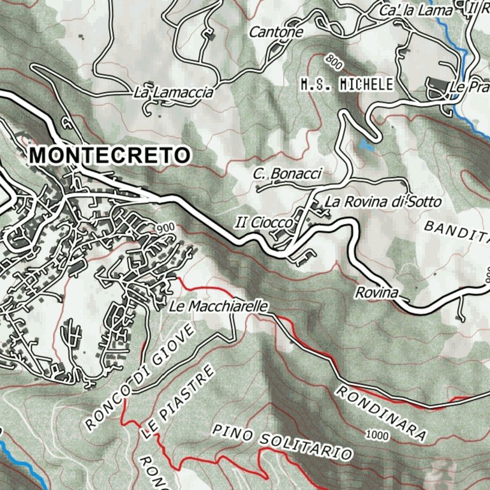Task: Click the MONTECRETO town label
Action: (x=109, y=155)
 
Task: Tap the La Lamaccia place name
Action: (x=173, y=93)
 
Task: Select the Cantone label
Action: (x=276, y=31)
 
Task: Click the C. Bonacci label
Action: (x=288, y=174)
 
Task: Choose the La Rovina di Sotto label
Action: (x=383, y=202)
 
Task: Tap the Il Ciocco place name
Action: (x=263, y=223)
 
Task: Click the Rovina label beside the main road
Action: (x=376, y=293)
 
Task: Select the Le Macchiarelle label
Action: (x=218, y=307)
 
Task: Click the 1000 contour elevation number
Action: (x=378, y=434)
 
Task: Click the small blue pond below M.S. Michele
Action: (x=366, y=144)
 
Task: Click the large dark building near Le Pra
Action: (x=437, y=86)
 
